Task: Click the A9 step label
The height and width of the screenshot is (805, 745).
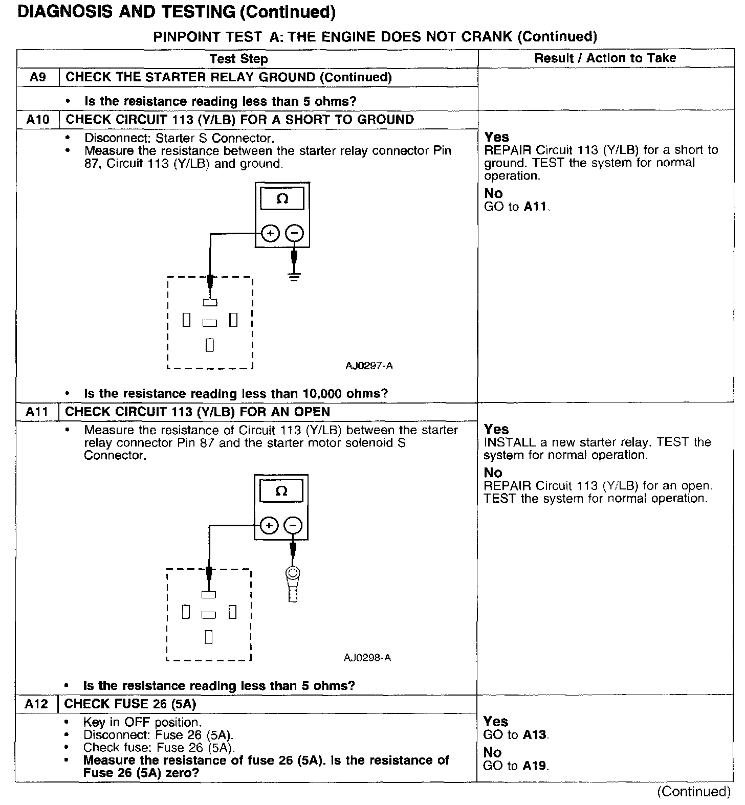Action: [38, 77]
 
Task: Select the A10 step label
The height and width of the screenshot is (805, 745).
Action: [38, 120]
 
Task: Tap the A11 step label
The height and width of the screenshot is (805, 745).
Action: [37, 412]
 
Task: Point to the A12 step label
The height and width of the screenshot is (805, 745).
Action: [36, 704]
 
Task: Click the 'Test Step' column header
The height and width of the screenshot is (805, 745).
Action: [238, 59]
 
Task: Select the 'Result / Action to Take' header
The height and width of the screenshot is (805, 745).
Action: [605, 58]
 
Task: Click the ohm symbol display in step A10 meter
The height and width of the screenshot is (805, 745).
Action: [282, 199]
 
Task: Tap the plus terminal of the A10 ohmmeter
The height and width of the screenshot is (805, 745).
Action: [270, 234]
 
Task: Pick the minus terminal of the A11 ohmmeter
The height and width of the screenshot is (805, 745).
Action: [293, 525]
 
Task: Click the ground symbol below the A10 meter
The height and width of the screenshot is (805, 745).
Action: [294, 277]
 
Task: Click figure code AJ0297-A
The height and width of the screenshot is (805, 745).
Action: [369, 366]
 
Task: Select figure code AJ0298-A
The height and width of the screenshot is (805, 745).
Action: [367, 658]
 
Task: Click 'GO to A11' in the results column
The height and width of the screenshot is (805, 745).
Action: [516, 207]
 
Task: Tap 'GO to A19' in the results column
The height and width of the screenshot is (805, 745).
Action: [515, 766]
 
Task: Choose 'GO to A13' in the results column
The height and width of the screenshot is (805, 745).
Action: [515, 735]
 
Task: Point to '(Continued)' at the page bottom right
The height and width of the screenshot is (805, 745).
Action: [693, 791]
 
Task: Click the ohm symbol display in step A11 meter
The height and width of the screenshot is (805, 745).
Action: [281, 491]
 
